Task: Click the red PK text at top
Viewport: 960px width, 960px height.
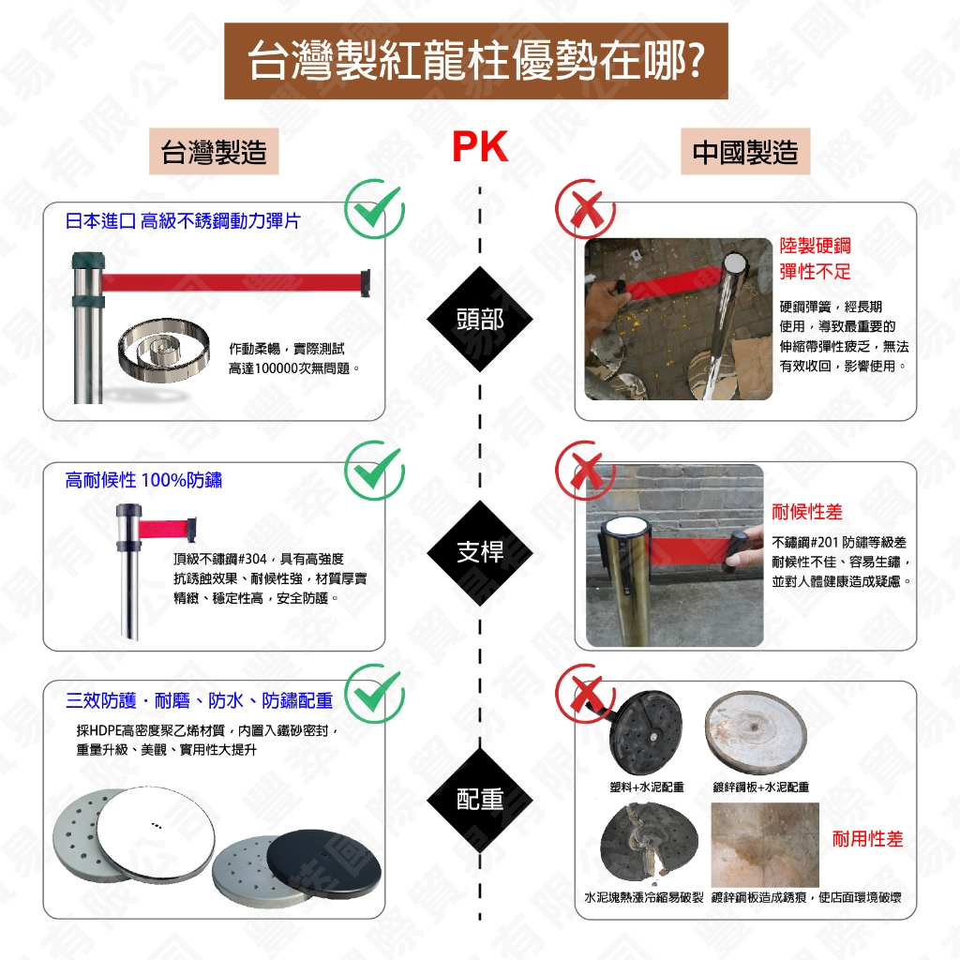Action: (x=479, y=147)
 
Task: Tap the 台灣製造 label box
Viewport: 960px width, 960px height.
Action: (x=214, y=152)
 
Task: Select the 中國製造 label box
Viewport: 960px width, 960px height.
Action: (x=744, y=152)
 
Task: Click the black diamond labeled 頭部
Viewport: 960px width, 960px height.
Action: (x=480, y=319)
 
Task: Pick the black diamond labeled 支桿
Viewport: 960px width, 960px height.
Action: (x=480, y=552)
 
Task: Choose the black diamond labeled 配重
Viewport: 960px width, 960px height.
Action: (x=480, y=799)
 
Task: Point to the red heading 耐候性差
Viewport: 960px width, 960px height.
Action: (x=806, y=512)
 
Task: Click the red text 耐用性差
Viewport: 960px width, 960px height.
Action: (x=867, y=838)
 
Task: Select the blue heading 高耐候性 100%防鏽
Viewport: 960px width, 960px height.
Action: (x=143, y=481)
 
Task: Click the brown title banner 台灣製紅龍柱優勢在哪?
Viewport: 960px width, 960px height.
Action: (x=475, y=61)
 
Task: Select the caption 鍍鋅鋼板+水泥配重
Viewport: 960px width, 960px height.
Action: (x=760, y=787)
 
